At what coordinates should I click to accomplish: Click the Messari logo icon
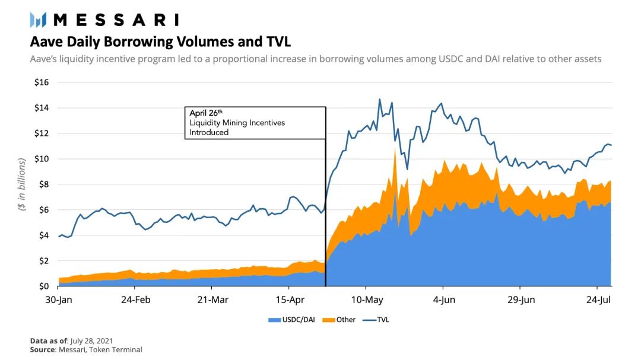38,20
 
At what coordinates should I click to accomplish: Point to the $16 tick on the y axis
42,82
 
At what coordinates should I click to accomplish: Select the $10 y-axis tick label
42,158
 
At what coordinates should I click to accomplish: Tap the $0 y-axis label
44,286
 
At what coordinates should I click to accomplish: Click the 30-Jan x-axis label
58,300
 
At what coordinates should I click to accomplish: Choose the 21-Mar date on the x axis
212,300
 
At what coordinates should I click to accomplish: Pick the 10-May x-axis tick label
367,300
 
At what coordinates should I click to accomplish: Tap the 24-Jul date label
598,300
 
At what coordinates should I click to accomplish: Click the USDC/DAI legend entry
291,320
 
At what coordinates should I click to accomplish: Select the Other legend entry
339,320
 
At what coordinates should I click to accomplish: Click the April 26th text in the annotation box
205,113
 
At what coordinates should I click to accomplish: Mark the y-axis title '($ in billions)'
22,184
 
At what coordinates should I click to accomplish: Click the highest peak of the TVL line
379,99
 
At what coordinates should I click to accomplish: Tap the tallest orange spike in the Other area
395,150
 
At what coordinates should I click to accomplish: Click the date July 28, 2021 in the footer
91,341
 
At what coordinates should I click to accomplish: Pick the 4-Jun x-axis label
444,300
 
